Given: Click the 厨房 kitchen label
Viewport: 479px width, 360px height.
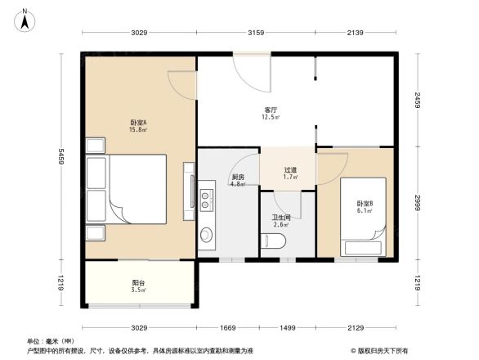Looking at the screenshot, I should click(238, 180).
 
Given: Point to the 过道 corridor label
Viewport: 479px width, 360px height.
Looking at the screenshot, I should click(290, 173).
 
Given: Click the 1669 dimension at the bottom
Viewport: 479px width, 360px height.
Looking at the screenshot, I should click(227, 328).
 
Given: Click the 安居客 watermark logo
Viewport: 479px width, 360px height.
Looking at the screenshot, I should click(378, 350).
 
